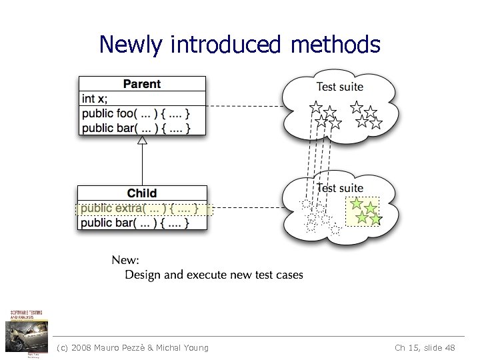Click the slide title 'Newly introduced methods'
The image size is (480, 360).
pyautogui.click(x=239, y=45)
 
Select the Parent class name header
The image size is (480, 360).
pyautogui.click(x=142, y=84)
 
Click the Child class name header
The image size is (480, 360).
pyautogui.click(x=142, y=193)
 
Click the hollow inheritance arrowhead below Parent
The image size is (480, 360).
pyautogui.click(x=141, y=141)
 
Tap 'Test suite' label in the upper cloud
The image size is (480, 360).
pyautogui.click(x=339, y=87)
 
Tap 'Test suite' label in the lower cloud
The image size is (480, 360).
pyautogui.click(x=339, y=189)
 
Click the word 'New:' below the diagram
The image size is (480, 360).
pyautogui.click(x=125, y=260)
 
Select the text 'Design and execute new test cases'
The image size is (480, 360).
pyautogui.click(x=214, y=275)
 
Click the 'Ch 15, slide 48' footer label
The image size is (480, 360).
pyautogui.click(x=425, y=347)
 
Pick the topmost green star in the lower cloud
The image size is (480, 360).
pyautogui.click(x=357, y=204)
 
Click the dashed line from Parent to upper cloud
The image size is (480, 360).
pyautogui.click(x=243, y=105)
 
